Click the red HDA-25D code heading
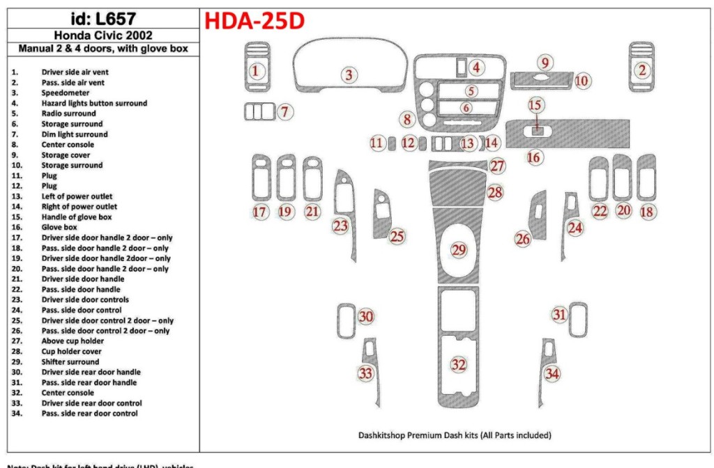(x=254, y=22)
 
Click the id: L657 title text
(x=103, y=19)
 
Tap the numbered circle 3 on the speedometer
(x=349, y=75)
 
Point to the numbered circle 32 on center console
(x=458, y=364)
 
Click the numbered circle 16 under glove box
(x=533, y=157)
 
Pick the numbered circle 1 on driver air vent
(x=256, y=70)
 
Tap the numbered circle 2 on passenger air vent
(x=642, y=70)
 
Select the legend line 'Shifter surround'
(x=70, y=361)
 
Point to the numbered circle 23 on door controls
(x=340, y=226)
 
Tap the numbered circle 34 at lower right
(x=552, y=375)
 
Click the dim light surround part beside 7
(x=260, y=111)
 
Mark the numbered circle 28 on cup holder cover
(x=494, y=192)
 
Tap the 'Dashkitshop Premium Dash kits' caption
(x=454, y=435)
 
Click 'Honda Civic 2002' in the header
(x=103, y=36)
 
